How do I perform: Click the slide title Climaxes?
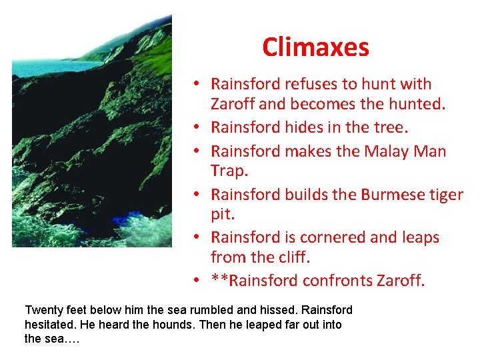(315, 47)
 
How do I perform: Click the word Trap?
(228, 171)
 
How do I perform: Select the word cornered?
(332, 237)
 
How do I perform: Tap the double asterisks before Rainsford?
(218, 280)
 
